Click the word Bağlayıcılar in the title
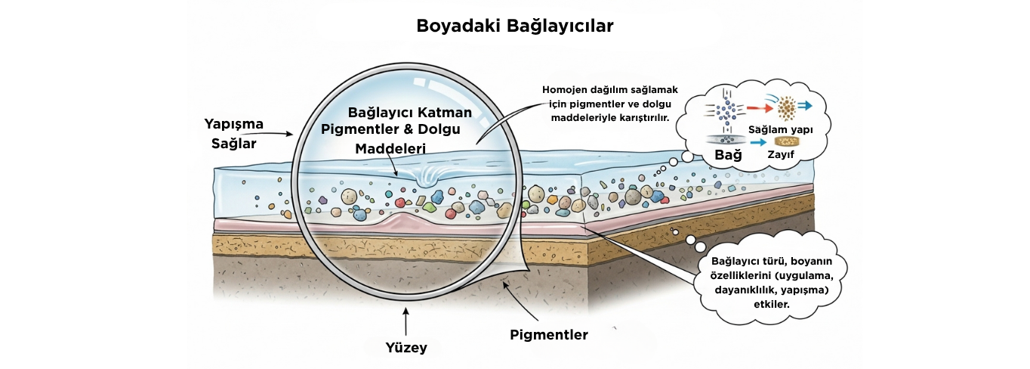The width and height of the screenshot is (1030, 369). point(560,26)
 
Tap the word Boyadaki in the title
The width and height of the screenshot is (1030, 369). point(459,26)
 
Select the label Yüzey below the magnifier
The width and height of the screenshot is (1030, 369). point(406,347)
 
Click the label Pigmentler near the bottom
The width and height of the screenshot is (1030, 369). point(549,335)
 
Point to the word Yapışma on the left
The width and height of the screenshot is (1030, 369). point(234,124)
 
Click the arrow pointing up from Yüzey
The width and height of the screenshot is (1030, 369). point(406,322)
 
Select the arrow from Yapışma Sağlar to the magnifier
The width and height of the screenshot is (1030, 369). point(273,134)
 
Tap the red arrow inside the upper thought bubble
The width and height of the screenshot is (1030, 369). point(760,108)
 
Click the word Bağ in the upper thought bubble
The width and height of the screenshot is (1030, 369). point(729,155)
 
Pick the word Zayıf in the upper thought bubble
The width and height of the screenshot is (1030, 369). point(781,154)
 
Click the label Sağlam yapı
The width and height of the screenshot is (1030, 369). point(781,129)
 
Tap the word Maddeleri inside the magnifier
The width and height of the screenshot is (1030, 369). point(390,148)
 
